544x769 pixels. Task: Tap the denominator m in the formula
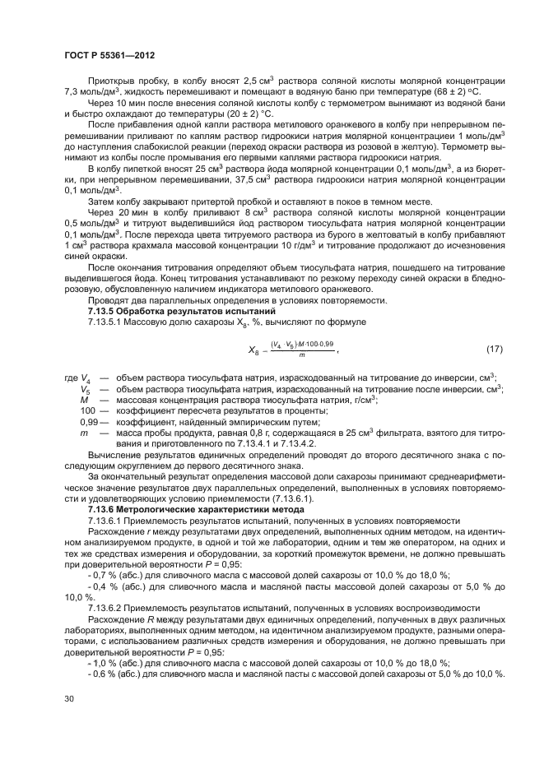(x=302, y=355)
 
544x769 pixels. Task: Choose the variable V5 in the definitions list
(x=86, y=388)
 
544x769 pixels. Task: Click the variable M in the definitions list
(x=84, y=399)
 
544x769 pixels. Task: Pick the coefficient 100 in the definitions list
(x=88, y=410)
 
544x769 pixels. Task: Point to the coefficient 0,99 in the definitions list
(x=89, y=420)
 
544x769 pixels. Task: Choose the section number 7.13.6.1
(x=105, y=521)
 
